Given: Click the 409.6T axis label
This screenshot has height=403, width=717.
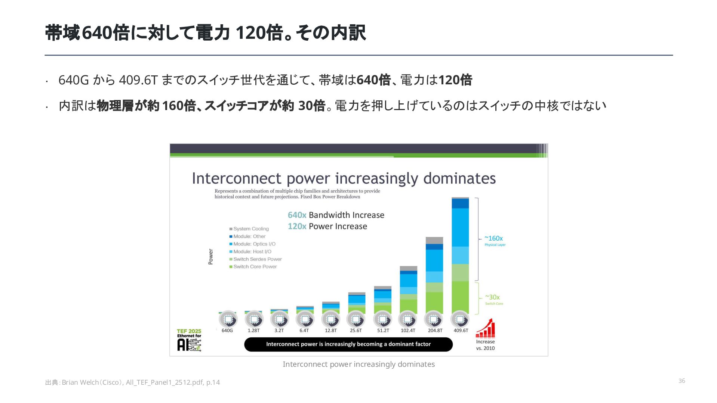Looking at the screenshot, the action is coord(461,331).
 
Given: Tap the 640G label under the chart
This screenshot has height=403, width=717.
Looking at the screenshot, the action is coord(227,331).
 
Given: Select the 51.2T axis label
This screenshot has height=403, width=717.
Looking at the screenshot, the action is coord(383,331).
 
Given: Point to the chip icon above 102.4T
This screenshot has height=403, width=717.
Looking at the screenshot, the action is coord(408,319).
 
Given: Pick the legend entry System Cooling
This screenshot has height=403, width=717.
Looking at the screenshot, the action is coord(249,229).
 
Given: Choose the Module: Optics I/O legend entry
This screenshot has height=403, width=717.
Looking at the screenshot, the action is coord(252,244).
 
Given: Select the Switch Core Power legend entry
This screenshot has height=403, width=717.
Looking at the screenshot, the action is coord(253,267).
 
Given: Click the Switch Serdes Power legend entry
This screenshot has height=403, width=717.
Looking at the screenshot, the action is coord(255,259).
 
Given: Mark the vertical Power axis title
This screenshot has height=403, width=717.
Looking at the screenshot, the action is coord(210,257).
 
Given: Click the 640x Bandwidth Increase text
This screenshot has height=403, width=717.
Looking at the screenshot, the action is coord(336,215).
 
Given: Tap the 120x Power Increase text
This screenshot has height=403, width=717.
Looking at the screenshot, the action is coord(327,226).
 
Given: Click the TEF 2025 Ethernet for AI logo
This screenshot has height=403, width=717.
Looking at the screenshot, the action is coord(189,340).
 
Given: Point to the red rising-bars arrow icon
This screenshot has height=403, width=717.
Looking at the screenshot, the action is coord(485,328).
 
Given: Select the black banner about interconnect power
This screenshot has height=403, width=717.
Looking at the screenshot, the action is coord(348,344).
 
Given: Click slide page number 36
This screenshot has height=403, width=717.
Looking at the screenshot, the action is coord(682,381).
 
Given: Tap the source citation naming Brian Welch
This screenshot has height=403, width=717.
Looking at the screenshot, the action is coord(132,382).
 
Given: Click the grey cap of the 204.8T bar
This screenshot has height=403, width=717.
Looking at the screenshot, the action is coord(434,241).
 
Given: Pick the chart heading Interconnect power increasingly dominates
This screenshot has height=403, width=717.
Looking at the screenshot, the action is coord(344,178).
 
